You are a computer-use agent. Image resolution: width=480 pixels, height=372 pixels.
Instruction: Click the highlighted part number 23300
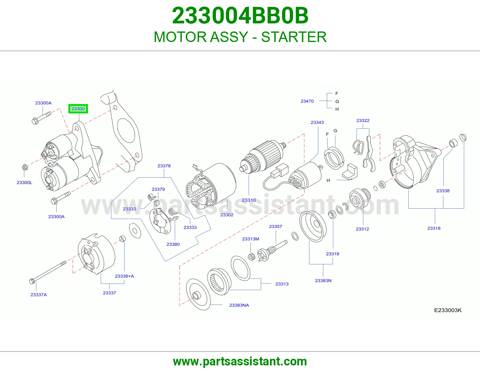(78, 109)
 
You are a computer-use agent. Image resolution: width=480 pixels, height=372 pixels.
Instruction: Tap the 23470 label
(307, 101)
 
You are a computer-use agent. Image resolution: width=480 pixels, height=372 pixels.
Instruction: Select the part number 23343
(317, 122)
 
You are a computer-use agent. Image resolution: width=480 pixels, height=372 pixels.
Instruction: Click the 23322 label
(363, 120)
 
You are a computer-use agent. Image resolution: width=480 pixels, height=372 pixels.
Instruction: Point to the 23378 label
(164, 166)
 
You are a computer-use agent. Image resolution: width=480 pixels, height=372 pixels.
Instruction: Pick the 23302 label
(226, 215)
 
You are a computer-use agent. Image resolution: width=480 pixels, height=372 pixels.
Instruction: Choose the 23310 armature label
(249, 200)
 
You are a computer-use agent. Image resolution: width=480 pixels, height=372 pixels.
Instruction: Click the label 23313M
(250, 239)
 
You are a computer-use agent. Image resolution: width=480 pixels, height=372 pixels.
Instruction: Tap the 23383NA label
(239, 305)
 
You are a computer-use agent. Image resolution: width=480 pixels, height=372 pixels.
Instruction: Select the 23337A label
(39, 295)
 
